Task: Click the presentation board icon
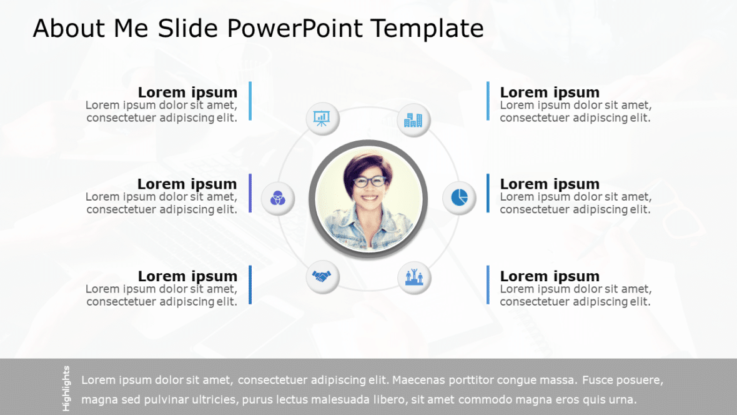(322, 117)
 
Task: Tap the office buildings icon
(413, 119)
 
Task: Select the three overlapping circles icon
(277, 199)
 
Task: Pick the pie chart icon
(459, 197)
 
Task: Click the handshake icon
(322, 276)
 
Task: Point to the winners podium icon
(414, 276)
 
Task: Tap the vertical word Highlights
(66, 388)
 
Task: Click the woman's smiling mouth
(370, 199)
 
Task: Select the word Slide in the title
(185, 29)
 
